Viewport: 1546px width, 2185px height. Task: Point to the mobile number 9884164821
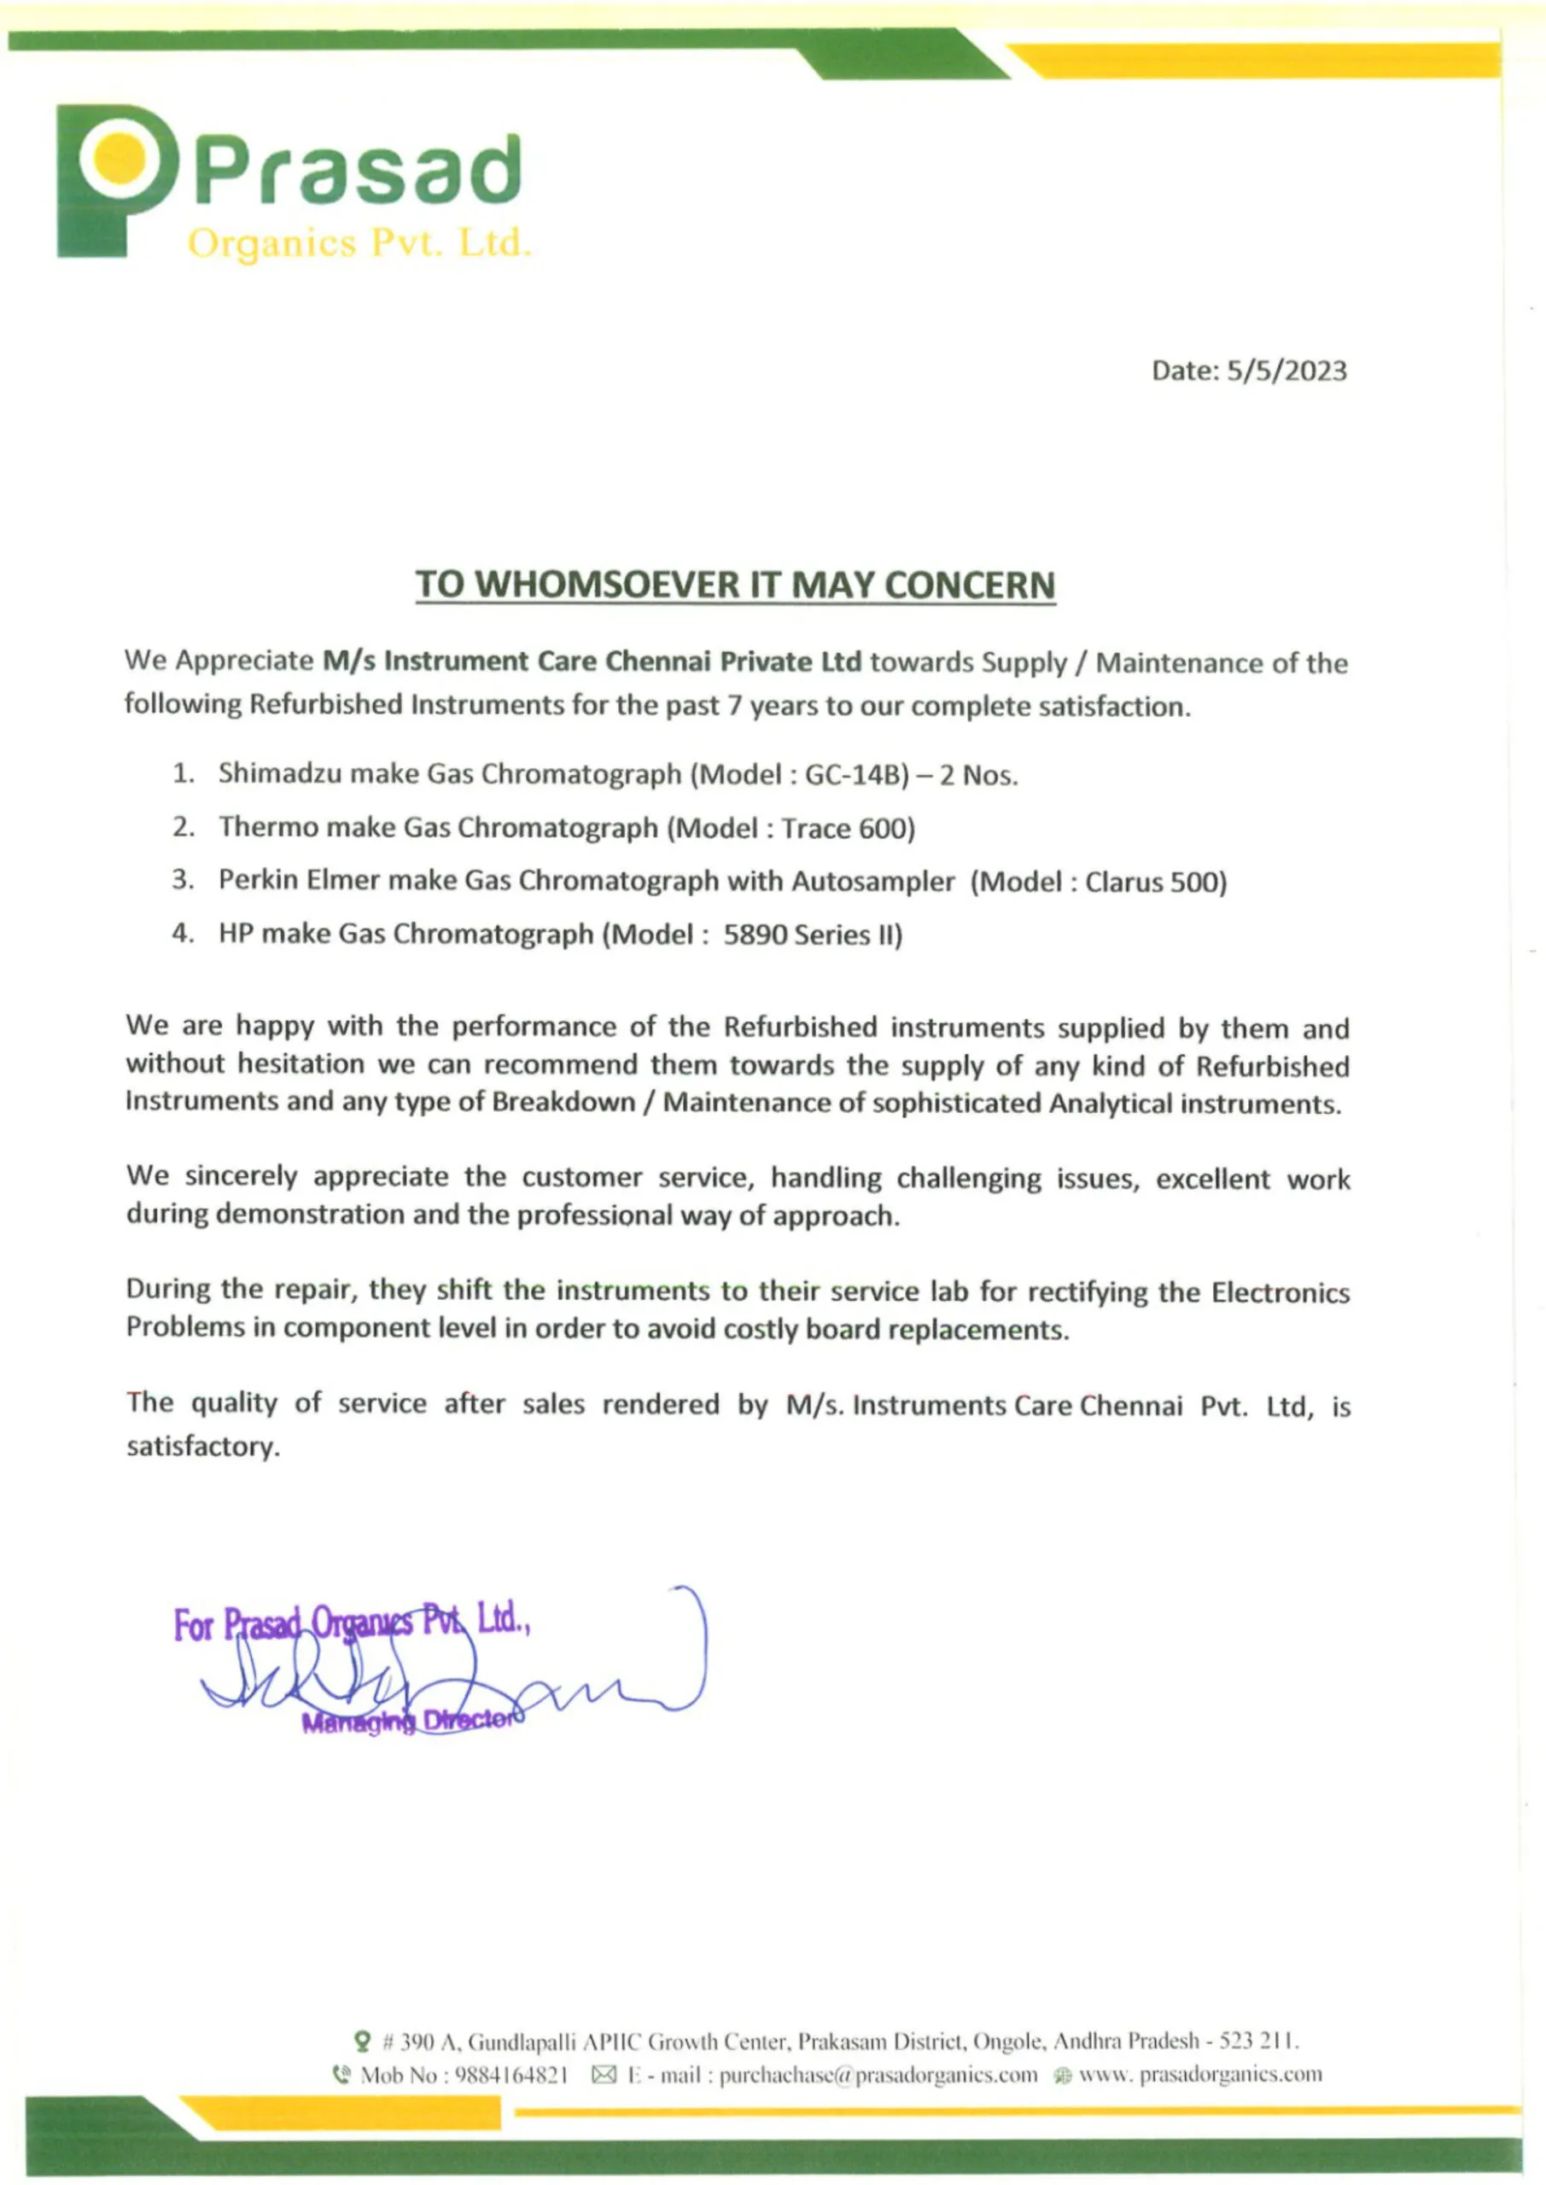(512, 2075)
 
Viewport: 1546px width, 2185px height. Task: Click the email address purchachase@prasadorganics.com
(878, 2075)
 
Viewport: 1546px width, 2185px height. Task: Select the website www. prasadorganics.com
(1199, 2075)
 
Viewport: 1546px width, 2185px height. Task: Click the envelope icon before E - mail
(604, 2075)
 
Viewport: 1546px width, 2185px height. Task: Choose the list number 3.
(182, 880)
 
